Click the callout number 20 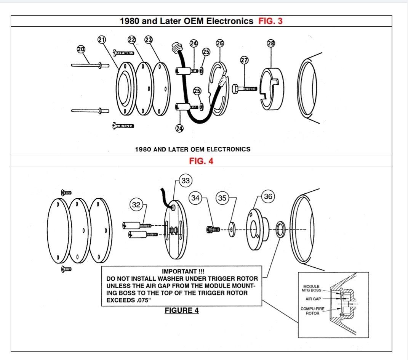(81, 49)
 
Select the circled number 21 (102, 39)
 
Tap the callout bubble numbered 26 (220, 43)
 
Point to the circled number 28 (271, 43)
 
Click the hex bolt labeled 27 (244, 88)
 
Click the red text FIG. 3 (270, 21)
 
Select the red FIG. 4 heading (201, 161)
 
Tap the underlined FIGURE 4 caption (182, 310)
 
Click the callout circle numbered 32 (136, 205)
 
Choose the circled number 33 (185, 181)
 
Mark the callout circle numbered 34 (195, 198)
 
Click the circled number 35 (222, 198)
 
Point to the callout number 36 (268, 196)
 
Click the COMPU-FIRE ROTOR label (312, 311)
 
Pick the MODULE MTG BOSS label (312, 288)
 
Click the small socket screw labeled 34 (213, 229)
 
